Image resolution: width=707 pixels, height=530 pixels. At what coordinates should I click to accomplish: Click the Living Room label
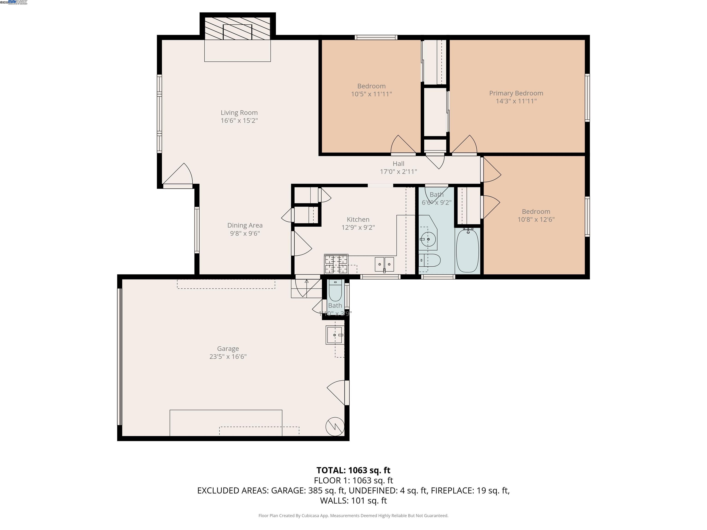pos(239,113)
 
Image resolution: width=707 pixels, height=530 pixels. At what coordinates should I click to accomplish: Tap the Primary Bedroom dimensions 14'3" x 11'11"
pos(516,101)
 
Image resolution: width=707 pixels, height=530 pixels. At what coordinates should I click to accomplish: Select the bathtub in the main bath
pos(467,251)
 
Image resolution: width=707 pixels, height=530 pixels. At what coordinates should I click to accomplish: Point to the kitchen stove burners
pos(336,264)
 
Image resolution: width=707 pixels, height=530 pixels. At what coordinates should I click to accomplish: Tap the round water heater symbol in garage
pos(335,426)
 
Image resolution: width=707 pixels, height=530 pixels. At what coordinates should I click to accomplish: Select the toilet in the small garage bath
pos(335,291)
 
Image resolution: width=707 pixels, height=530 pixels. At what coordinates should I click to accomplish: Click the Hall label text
pos(398,164)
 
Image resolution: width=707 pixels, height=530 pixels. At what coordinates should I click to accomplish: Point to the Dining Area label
pos(245,225)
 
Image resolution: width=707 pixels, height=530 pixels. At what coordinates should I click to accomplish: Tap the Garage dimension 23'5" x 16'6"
pos(228,357)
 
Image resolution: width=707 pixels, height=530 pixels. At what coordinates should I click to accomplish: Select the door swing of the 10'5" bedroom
pos(402,145)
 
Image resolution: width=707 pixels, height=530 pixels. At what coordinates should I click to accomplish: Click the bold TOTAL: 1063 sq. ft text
pos(353,470)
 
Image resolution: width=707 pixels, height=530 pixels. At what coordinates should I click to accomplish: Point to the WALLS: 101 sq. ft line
pos(353,501)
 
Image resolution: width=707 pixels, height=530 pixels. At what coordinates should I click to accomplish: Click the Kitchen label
pos(358,219)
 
